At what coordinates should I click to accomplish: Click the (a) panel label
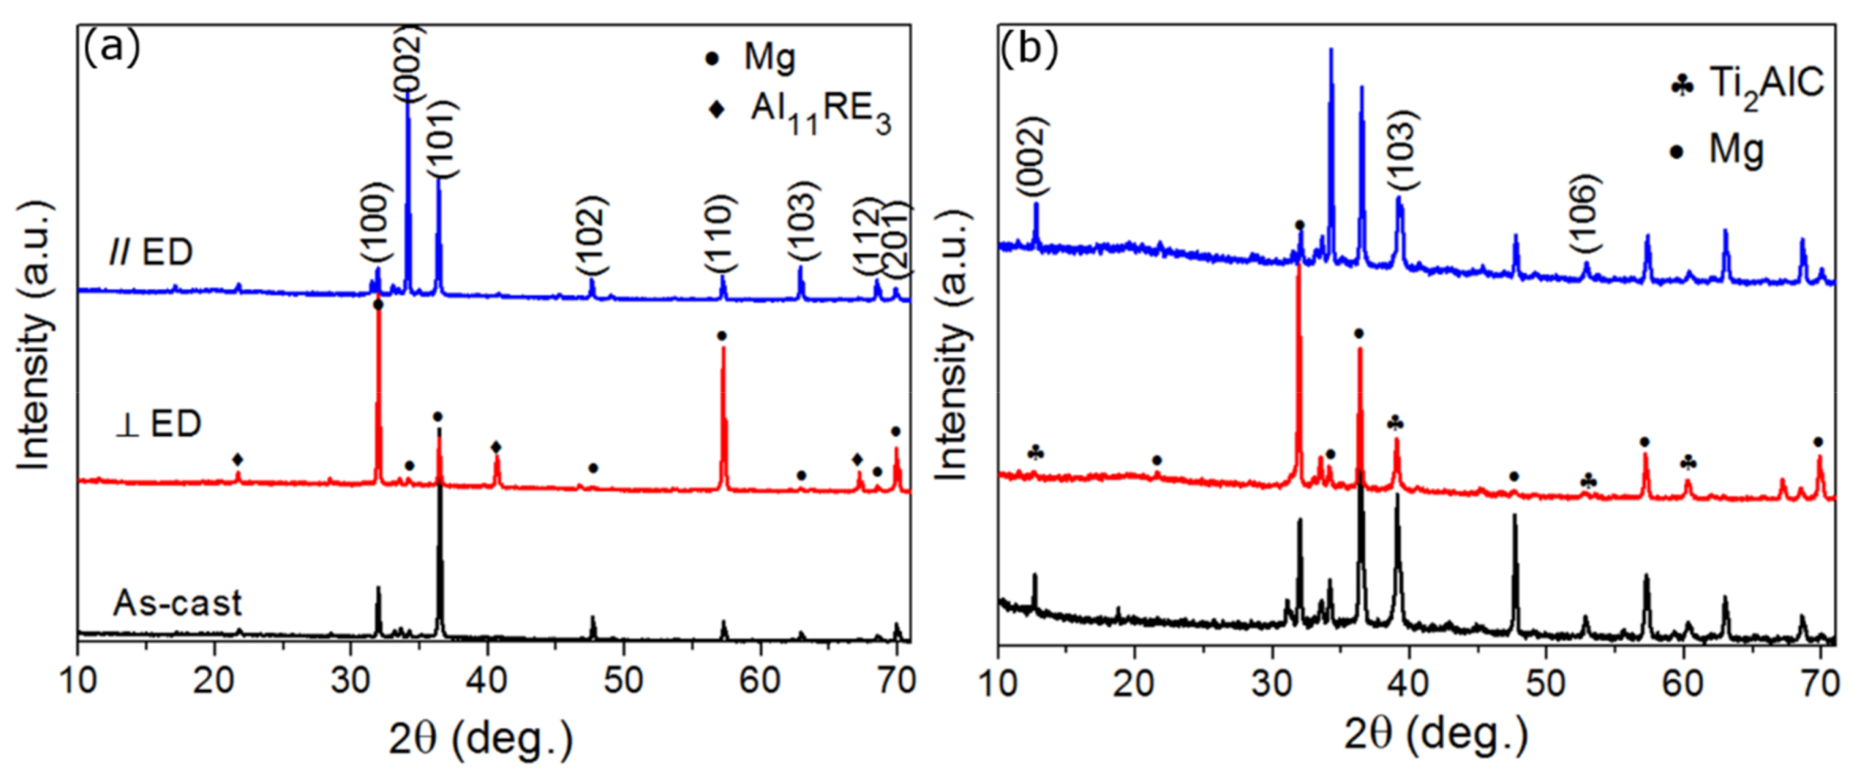coord(112,49)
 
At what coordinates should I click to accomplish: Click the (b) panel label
coord(1029,49)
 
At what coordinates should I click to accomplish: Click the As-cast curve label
coord(177,602)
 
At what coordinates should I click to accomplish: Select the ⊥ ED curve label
coord(157,423)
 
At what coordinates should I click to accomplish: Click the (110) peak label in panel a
coord(720,232)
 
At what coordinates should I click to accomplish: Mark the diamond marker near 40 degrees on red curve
coord(496,447)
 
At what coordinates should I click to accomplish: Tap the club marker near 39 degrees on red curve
coord(1396,423)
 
